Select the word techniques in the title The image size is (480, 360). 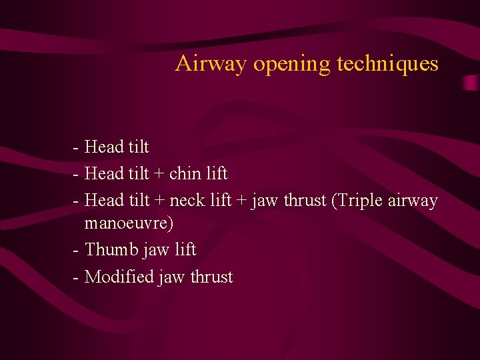pos(387,64)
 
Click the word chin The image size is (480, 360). pos(187,174)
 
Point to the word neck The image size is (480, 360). pos(187,200)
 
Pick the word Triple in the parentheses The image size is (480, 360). pos(360,200)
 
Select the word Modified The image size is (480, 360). pos(119,276)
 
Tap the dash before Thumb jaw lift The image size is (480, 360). pos(78,250)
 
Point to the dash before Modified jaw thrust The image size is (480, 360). pos(78,277)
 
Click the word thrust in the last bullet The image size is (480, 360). pos(211,277)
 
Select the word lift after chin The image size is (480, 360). pos(217,174)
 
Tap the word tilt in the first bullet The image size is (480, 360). pos(137,147)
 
